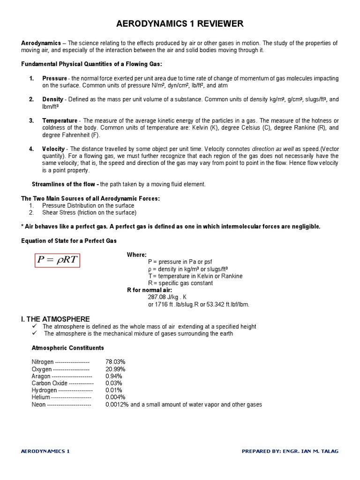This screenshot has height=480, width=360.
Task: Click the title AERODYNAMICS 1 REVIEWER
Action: (180, 24)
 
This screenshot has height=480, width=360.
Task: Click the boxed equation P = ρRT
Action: (58, 260)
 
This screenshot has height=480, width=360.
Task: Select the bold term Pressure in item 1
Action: (55, 78)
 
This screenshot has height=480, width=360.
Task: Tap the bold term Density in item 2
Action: (52, 99)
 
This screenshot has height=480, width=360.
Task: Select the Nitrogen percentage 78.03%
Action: (115, 362)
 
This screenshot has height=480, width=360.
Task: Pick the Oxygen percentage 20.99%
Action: (115, 369)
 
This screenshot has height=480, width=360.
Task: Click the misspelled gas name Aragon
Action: (41, 376)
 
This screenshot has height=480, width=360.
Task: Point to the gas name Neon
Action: (38, 405)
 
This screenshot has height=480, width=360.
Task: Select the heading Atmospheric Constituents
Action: (67, 348)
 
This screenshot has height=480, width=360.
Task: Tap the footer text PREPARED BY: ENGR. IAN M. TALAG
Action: (290, 451)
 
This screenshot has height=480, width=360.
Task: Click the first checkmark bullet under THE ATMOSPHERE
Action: (34, 326)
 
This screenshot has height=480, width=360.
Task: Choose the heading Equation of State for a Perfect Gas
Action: (69, 240)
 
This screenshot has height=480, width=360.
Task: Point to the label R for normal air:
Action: (149, 290)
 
